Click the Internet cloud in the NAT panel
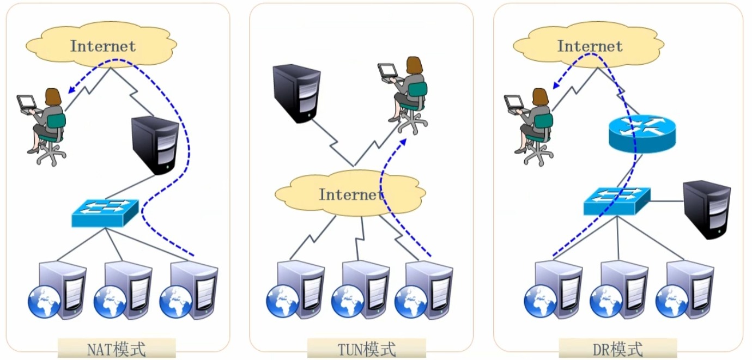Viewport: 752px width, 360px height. click(102, 46)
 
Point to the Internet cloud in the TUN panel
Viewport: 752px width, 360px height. click(350, 194)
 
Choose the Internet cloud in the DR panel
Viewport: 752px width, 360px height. click(589, 46)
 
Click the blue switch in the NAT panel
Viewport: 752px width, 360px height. click(105, 212)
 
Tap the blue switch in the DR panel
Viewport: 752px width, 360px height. click(617, 201)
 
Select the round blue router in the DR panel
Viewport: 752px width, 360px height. click(641, 134)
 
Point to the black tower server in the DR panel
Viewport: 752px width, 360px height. click(707, 210)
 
